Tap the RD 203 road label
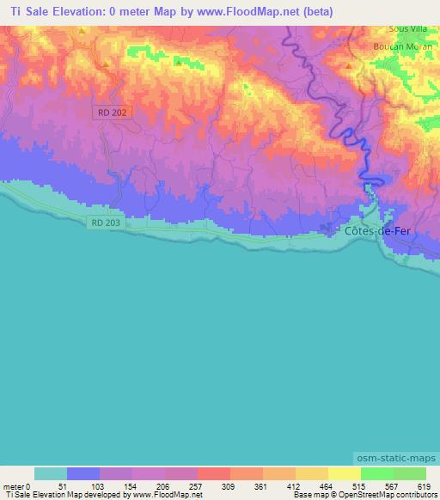point(105,223)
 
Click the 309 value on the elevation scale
point(215,485)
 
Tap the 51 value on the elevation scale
point(51,485)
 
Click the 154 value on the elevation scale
point(117,485)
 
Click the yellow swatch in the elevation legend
point(343,473)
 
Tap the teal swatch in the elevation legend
point(51,473)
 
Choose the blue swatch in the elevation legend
point(83,473)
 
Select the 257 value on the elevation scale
point(182,485)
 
